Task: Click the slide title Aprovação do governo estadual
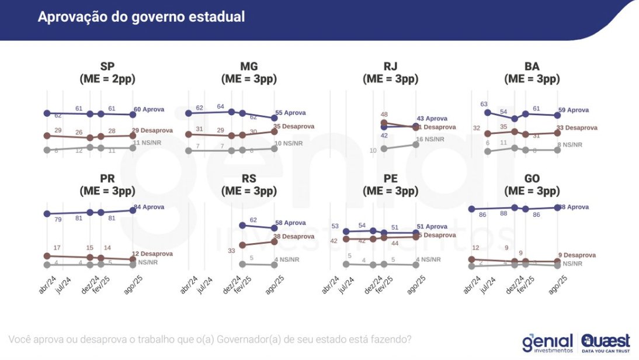141,17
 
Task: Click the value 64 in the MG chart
221,106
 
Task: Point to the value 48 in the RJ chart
384,115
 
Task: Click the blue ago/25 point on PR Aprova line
133,210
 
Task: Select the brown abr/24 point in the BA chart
488,134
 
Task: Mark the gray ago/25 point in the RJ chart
416,144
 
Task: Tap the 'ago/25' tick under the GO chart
558,286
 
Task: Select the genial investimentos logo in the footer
548,342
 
